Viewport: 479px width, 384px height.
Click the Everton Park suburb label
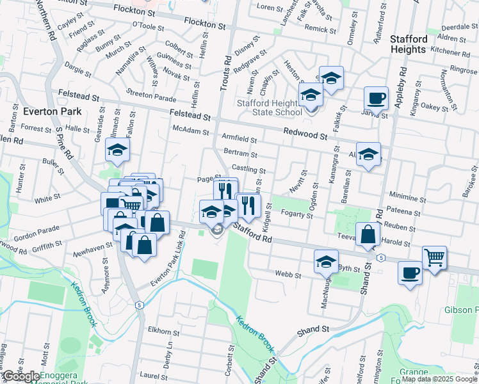pyautogui.click(x=51, y=111)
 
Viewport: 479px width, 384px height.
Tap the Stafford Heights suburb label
pyautogui.click(x=408, y=44)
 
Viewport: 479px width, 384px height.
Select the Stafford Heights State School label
pyautogui.click(x=270, y=108)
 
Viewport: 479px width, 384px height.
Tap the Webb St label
pyautogui.click(x=288, y=275)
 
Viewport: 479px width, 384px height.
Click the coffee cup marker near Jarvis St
pyautogui.click(x=376, y=99)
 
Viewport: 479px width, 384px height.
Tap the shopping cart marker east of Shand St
pyautogui.click(x=434, y=257)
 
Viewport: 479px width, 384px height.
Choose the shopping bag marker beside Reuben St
pyautogui.click(x=368, y=235)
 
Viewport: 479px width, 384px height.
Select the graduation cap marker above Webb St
pyautogui.click(x=326, y=261)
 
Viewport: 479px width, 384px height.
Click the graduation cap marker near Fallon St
pyautogui.click(x=118, y=150)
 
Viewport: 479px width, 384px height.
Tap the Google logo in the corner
pyautogui.click(x=20, y=376)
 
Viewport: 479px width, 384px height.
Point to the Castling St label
pyautogui.click(x=248, y=170)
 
